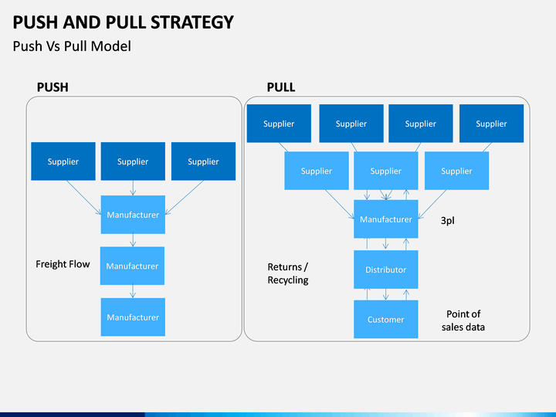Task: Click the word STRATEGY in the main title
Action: click(x=192, y=22)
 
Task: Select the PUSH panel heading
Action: click(x=53, y=87)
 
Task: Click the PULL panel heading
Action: click(x=281, y=87)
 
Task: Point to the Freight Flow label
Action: click(x=63, y=264)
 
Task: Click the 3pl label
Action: click(x=447, y=221)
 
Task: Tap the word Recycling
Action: click(x=288, y=280)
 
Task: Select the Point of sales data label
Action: click(x=463, y=320)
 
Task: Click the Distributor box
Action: click(x=386, y=270)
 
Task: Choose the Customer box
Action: click(x=386, y=319)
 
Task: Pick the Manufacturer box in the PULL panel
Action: click(x=386, y=219)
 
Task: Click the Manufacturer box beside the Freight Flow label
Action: click(x=132, y=266)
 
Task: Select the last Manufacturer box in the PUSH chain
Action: click(x=133, y=317)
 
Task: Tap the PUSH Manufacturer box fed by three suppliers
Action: click(x=133, y=215)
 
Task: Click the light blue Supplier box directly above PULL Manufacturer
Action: click(x=386, y=171)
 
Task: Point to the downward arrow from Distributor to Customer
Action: click(x=386, y=294)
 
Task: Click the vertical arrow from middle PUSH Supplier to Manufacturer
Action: click(x=133, y=188)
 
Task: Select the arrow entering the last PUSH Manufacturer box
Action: click(x=133, y=291)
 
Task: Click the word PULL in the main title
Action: click(x=126, y=22)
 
